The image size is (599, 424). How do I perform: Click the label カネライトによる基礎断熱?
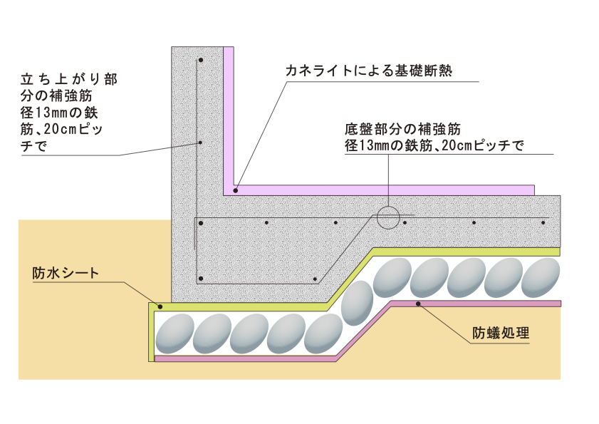[x=369, y=70]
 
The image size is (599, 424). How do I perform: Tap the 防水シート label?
[x=65, y=274]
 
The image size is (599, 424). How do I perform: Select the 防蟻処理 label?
[x=501, y=333]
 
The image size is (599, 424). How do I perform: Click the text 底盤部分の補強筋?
[x=403, y=130]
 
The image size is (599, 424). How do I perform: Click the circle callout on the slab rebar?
[x=388, y=217]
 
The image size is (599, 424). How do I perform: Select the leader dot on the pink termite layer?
[x=420, y=304]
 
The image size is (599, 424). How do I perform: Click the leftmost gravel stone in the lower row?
[x=174, y=333]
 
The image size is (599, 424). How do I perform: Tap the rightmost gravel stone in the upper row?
[x=539, y=277]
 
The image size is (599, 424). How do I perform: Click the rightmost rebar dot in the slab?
[x=543, y=222]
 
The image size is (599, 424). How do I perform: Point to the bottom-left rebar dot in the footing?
[x=202, y=278]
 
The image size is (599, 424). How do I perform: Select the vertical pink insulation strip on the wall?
[x=229, y=118]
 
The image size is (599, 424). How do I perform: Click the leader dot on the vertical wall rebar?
[x=201, y=143]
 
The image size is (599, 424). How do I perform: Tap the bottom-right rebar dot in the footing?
[x=313, y=278]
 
